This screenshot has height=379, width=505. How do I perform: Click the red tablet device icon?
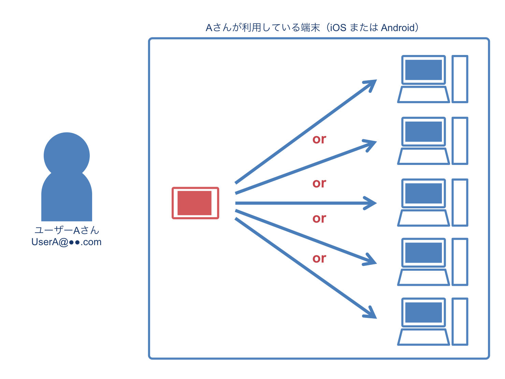tap(195, 203)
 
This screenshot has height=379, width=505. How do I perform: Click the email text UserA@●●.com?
tap(67, 242)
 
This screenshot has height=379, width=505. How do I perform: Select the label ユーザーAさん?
tap(67, 230)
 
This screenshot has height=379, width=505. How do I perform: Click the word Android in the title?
tap(398, 28)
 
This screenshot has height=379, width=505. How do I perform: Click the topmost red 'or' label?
tap(319, 139)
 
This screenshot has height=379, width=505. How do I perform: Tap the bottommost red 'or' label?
tap(319, 258)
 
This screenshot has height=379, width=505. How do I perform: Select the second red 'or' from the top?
tap(319, 183)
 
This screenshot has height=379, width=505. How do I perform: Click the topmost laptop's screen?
tap(423, 70)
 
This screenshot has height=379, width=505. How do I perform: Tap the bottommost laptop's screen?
tap(423, 312)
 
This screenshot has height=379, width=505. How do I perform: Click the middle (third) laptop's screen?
tap(423, 193)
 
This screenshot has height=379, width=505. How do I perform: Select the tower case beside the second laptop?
tap(460, 141)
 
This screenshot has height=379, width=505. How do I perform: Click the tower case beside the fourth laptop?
tap(460, 262)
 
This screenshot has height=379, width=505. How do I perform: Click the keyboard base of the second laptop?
tap(423, 156)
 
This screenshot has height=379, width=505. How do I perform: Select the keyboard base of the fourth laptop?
tap(423, 277)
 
